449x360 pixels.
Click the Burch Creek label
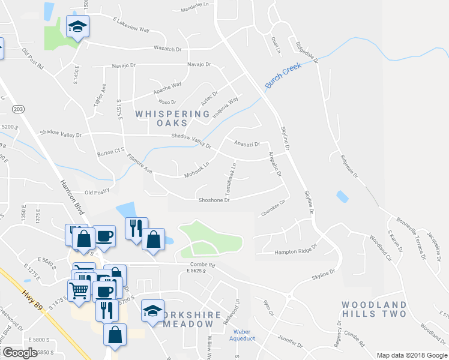tap(283, 77)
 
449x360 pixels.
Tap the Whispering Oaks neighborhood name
tap(172, 118)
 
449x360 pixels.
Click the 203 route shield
tap(18, 109)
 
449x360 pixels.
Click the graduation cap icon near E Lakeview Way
tap(77, 27)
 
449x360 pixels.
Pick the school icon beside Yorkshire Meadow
tap(153, 311)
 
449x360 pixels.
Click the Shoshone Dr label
tap(214, 200)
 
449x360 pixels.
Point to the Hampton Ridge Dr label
tap(295, 253)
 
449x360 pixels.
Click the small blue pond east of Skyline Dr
tap(342, 197)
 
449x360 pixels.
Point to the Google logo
tap(19, 353)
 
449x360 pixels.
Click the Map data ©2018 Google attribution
tap(411, 355)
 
